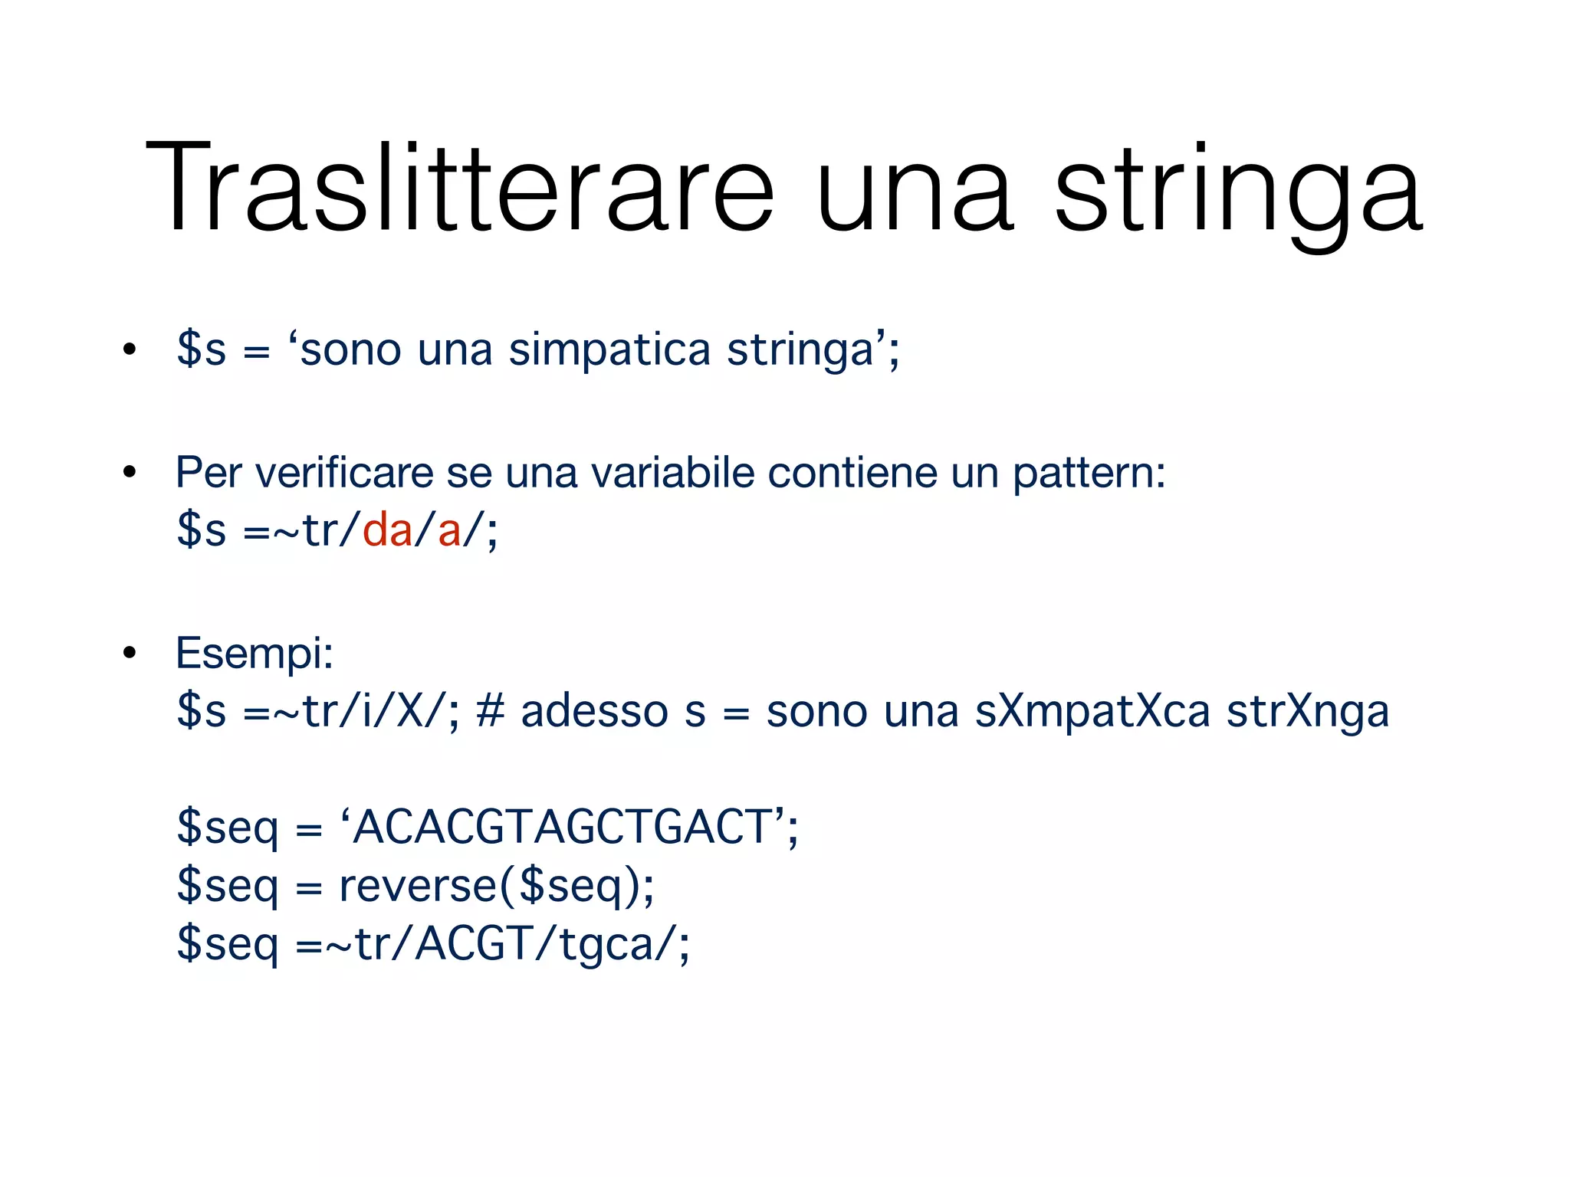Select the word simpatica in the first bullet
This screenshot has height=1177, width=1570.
click(609, 350)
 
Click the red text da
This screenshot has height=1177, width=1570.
click(387, 529)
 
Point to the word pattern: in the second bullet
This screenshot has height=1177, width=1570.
click(1089, 474)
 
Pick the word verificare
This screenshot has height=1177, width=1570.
click(343, 472)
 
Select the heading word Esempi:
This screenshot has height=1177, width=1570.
click(255, 654)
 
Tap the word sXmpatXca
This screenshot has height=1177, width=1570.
click(1092, 712)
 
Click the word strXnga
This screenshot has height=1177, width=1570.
click(1307, 712)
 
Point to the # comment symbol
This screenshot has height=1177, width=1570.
click(490, 710)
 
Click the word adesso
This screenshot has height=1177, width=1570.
click(594, 712)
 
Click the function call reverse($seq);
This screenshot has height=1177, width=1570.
click(497, 887)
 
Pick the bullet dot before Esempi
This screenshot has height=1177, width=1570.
click(129, 654)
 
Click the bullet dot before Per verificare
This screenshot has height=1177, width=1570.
click(129, 473)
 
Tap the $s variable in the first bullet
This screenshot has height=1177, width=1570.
click(202, 350)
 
